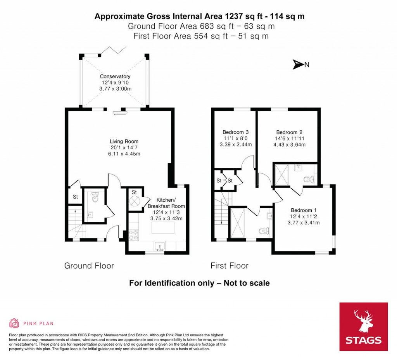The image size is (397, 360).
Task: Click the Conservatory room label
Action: tap(115, 76)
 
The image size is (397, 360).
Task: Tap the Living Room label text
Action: tap(124, 141)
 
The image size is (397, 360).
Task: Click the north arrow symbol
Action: tap(298, 65)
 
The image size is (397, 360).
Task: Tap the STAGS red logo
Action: tap(363, 327)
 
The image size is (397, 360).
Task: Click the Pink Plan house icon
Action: tap(14, 323)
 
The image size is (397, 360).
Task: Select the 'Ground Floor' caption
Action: tap(89, 266)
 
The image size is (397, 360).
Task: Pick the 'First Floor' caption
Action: tap(229, 266)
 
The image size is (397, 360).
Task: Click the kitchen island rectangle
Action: tap(163, 228)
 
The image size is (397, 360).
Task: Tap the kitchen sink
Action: tap(159, 246)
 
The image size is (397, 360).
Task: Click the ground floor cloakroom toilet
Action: tap(95, 198)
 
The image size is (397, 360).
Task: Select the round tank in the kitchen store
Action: tap(135, 201)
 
